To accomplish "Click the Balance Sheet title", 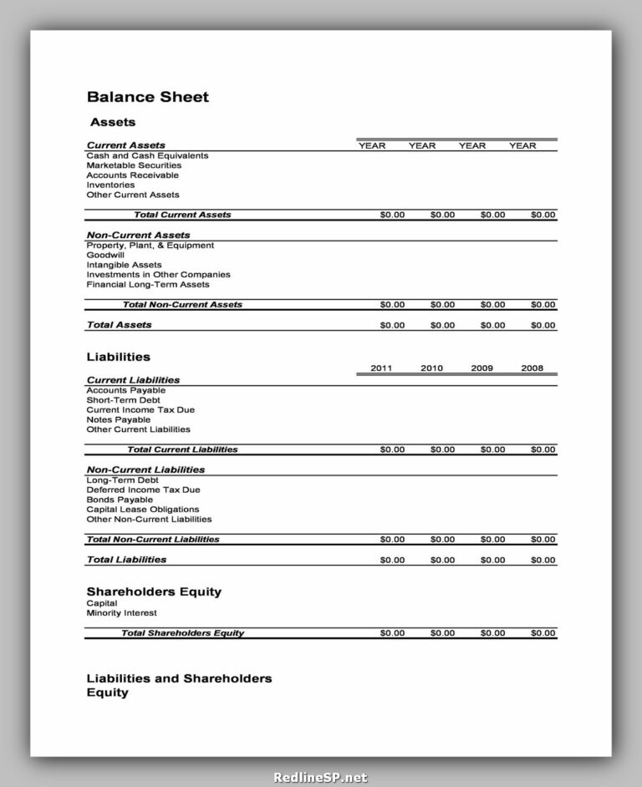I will coord(148,97).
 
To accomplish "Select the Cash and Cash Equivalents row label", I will coord(147,156).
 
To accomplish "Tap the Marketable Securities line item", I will coord(134,165).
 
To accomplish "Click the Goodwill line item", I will coord(105,256).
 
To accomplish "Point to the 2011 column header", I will coord(382,368).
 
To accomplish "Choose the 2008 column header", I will coord(532,368).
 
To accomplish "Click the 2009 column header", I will coord(481,368).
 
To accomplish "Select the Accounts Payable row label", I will coord(125,390).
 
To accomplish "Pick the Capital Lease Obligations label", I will coord(143,510).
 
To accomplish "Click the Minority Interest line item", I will coord(121,613).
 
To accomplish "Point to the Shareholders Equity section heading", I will coord(154,592).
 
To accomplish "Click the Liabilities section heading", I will coord(119,358).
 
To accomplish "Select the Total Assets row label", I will coord(120,325).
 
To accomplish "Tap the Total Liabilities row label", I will coord(126,560).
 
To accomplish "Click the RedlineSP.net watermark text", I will coord(321,777).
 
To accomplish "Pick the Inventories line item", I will coord(110,185).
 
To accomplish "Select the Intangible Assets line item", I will coord(124,265).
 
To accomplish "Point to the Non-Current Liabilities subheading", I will coord(145,470).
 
